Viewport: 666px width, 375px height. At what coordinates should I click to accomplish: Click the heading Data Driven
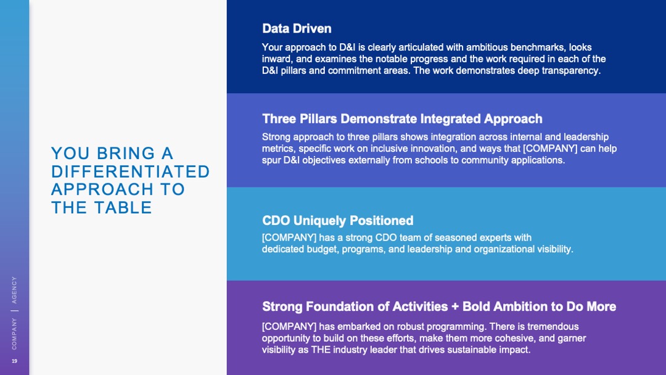297,28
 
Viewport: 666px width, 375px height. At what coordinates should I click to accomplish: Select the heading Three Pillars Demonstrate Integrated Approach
402,118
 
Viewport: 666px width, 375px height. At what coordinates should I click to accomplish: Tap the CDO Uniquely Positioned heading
338,220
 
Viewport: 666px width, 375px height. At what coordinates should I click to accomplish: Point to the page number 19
14,361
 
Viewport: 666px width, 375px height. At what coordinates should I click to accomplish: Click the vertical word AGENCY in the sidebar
14,290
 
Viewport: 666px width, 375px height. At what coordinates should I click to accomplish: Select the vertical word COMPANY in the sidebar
14,334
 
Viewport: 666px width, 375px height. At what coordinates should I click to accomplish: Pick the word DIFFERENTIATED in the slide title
130,171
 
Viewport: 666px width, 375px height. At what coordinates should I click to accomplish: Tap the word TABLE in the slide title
123,208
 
